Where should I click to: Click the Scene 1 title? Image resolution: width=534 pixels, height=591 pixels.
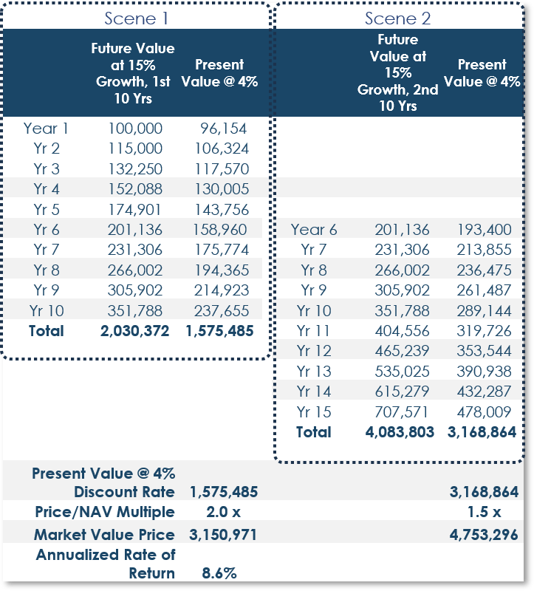[136, 18]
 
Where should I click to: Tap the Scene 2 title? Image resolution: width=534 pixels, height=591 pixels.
[397, 18]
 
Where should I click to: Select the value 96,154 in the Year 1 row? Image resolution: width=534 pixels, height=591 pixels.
[224, 129]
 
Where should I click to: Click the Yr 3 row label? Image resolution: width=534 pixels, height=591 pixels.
[47, 169]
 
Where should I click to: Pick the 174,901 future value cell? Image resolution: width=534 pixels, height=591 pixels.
[135, 210]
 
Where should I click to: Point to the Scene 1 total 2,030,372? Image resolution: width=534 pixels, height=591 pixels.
[135, 331]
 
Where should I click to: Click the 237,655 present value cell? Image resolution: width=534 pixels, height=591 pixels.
[222, 311]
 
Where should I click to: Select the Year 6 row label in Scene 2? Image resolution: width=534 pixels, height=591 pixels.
[314, 230]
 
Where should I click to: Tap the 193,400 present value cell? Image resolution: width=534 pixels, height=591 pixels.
[485, 230]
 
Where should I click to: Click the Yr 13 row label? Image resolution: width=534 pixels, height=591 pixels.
[314, 372]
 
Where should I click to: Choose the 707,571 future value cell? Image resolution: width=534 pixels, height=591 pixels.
[401, 412]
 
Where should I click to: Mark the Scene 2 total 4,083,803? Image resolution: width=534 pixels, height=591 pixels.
[400, 432]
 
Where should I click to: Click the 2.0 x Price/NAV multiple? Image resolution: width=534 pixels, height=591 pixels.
[224, 512]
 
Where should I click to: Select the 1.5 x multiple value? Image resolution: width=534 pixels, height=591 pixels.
[485, 512]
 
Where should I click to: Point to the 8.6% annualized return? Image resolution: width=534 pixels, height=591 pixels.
[219, 573]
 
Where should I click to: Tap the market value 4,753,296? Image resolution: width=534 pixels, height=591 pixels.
[484, 534]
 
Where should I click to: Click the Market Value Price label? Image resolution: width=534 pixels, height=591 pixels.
[104, 534]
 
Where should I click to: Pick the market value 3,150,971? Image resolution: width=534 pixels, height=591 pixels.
[223, 534]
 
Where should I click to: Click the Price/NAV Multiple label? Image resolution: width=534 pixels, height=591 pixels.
[105, 512]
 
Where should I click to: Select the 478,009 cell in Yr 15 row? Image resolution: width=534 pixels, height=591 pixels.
[485, 412]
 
